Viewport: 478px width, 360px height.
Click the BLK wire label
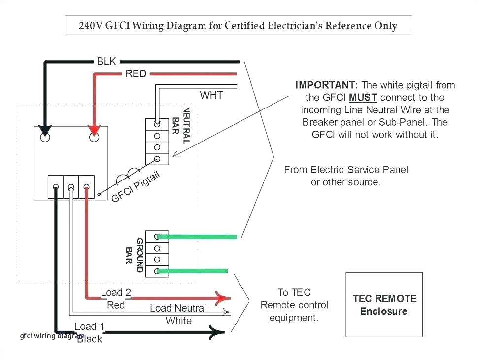point(106,61)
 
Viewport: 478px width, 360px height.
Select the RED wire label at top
point(136,73)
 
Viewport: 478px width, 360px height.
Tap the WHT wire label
point(211,95)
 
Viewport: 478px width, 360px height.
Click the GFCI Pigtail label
point(136,188)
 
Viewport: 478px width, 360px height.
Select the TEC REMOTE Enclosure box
point(384,304)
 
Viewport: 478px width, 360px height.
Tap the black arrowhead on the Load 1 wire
point(217,332)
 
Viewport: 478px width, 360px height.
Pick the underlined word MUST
point(363,98)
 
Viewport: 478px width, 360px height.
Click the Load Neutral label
point(178,308)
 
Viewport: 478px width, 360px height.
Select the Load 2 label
point(116,292)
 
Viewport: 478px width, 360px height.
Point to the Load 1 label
point(90,326)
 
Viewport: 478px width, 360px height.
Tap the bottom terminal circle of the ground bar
point(157,271)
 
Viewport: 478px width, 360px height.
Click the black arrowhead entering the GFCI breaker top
point(45,131)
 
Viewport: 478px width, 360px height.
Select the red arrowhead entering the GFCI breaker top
point(94,130)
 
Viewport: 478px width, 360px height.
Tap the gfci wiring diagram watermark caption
point(52,336)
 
